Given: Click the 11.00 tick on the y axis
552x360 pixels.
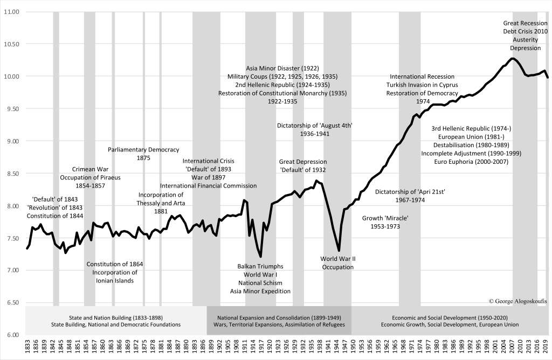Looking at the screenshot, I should click(11, 11).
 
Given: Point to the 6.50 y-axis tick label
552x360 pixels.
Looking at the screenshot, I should click(12, 302).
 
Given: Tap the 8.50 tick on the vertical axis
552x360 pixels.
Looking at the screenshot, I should click(12, 173).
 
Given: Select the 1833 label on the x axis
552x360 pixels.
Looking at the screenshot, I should click(27, 347).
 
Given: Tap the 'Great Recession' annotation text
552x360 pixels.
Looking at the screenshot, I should click(526, 23).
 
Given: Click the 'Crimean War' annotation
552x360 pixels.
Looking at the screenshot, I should click(91, 169).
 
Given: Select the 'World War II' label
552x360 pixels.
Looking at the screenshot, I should click(338, 259).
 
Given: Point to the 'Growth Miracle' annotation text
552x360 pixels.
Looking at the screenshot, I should click(385, 218).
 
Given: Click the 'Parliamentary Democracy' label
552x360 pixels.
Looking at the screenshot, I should click(143, 150).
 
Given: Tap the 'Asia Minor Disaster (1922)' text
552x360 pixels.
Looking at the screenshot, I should click(282, 68).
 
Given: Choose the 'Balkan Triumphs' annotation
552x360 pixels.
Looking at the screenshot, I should click(260, 266).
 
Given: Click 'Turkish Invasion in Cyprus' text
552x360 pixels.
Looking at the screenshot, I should click(422, 85).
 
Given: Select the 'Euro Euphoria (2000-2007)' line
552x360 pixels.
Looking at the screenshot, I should click(471, 161).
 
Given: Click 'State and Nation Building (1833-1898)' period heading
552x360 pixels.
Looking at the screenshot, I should click(116, 317).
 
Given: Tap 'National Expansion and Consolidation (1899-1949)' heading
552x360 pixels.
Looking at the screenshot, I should click(279, 317).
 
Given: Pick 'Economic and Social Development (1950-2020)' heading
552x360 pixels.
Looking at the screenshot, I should click(450, 317).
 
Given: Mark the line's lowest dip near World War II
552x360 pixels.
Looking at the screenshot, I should click(339, 251).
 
